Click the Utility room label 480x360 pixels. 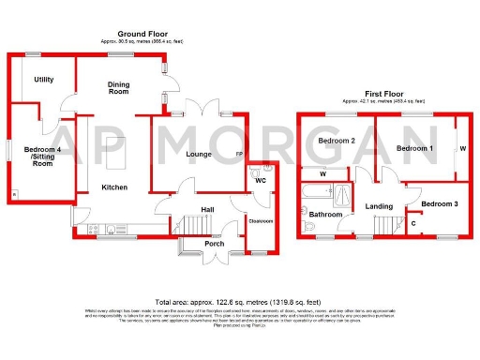[43, 80]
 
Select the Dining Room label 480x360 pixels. [118, 87]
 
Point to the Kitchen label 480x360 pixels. [114, 187]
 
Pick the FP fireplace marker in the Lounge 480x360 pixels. [238, 154]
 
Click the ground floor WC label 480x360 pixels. [262, 179]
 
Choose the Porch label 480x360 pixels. [214, 244]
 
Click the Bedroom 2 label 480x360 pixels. [335, 141]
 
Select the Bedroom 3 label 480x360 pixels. [438, 203]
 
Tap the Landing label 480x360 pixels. [379, 205]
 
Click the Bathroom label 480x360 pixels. [326, 215]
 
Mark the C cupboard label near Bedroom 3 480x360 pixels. [414, 222]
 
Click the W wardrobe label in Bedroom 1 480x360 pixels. [462, 147]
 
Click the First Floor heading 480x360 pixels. [383, 93]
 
